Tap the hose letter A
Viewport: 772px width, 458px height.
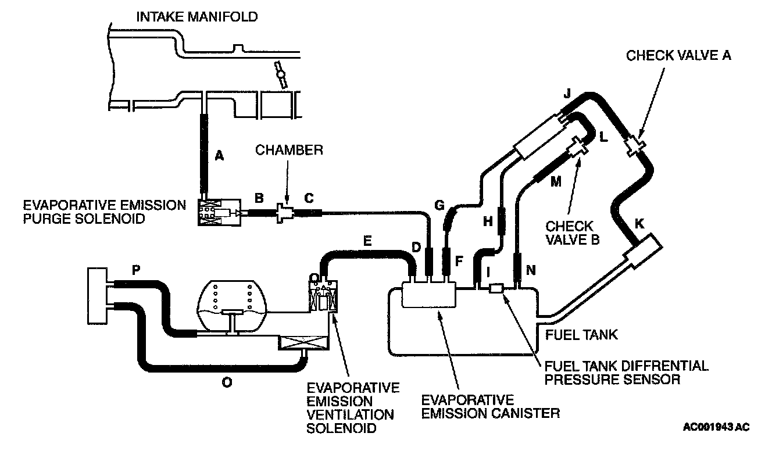coord(219,155)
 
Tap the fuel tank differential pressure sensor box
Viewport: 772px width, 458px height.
coord(496,288)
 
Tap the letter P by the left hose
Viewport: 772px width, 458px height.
coord(136,270)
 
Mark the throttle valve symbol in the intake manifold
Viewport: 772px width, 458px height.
coord(281,76)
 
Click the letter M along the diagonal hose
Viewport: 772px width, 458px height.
coord(556,183)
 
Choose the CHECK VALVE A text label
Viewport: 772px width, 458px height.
coord(678,56)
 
